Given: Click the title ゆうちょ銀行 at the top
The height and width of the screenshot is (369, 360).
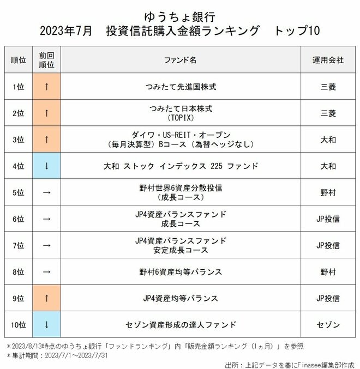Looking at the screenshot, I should coord(179,14).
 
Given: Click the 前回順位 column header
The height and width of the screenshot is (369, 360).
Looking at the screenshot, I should coord(47,60).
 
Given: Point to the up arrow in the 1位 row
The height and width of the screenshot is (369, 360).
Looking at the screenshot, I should coord(47,87).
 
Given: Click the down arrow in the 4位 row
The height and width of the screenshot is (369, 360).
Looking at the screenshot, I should coord(47,166).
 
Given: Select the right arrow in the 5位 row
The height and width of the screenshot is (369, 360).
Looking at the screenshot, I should coord(47,192).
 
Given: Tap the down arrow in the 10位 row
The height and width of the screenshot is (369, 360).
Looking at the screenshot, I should coord(47,325).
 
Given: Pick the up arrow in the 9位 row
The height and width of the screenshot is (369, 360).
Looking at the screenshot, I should coord(47,298).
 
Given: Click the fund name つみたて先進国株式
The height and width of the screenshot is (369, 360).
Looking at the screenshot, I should coord(180,87).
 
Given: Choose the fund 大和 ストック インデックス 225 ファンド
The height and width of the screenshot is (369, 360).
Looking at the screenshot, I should coord(180,166).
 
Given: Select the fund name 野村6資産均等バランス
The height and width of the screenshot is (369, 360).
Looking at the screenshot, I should coord(180,272).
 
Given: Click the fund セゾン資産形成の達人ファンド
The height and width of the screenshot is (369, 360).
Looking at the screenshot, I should coord(180,325).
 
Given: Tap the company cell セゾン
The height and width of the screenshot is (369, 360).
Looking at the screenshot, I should coord(328,325).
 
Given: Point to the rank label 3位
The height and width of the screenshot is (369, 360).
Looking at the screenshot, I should coord(18,140).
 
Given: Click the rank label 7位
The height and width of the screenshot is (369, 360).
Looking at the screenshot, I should coord(18,245).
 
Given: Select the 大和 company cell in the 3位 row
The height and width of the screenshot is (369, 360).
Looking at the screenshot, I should coord(328,140).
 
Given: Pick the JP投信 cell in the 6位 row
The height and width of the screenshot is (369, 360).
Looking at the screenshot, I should coord(328,219).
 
